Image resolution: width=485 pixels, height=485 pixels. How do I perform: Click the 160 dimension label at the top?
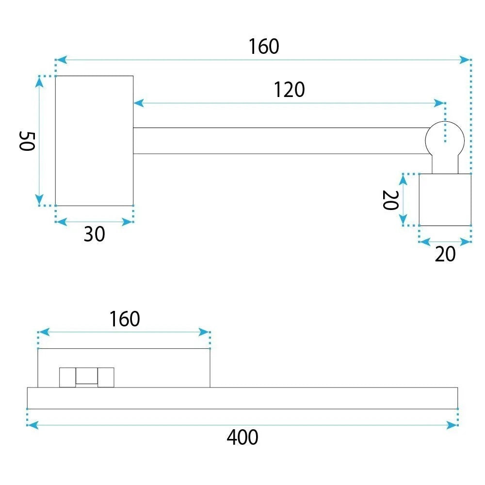pyautogui.click(x=264, y=47)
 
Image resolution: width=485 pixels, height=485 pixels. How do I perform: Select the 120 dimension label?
pyautogui.click(x=289, y=90)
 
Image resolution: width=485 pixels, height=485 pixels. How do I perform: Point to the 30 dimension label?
pyautogui.click(x=95, y=234)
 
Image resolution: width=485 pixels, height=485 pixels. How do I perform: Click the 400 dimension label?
pyautogui.click(x=242, y=437)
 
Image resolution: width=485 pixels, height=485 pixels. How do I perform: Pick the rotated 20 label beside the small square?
pyautogui.click(x=390, y=200)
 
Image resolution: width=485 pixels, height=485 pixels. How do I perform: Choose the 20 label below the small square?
pyautogui.click(x=445, y=254)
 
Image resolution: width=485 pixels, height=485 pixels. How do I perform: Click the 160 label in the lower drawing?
pyautogui.click(x=125, y=319)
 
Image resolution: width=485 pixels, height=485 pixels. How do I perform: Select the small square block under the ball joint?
pyautogui.click(x=445, y=200)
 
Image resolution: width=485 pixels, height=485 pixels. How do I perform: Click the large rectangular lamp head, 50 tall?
pyautogui.click(x=95, y=141)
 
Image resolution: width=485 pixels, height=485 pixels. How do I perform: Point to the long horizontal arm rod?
pyautogui.click(x=280, y=141)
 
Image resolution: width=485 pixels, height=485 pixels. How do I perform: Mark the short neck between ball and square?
pyautogui.click(x=445, y=164)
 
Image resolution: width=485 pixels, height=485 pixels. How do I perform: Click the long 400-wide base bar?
pyautogui.click(x=242, y=398)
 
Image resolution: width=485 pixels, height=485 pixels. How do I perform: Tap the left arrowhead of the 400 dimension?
pyautogui.click(x=32, y=425)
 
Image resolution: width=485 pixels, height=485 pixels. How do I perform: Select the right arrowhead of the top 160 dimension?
pyautogui.click(x=465, y=60)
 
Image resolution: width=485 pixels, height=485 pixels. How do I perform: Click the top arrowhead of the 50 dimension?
pyautogui.click(x=39, y=81)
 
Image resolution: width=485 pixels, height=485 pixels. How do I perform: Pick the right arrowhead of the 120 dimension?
pyautogui.click(x=439, y=103)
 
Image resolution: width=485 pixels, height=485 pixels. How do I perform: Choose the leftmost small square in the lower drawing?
pyautogui.click(x=67, y=377)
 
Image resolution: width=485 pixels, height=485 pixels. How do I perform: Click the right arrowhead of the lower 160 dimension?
pyautogui.click(x=204, y=332)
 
